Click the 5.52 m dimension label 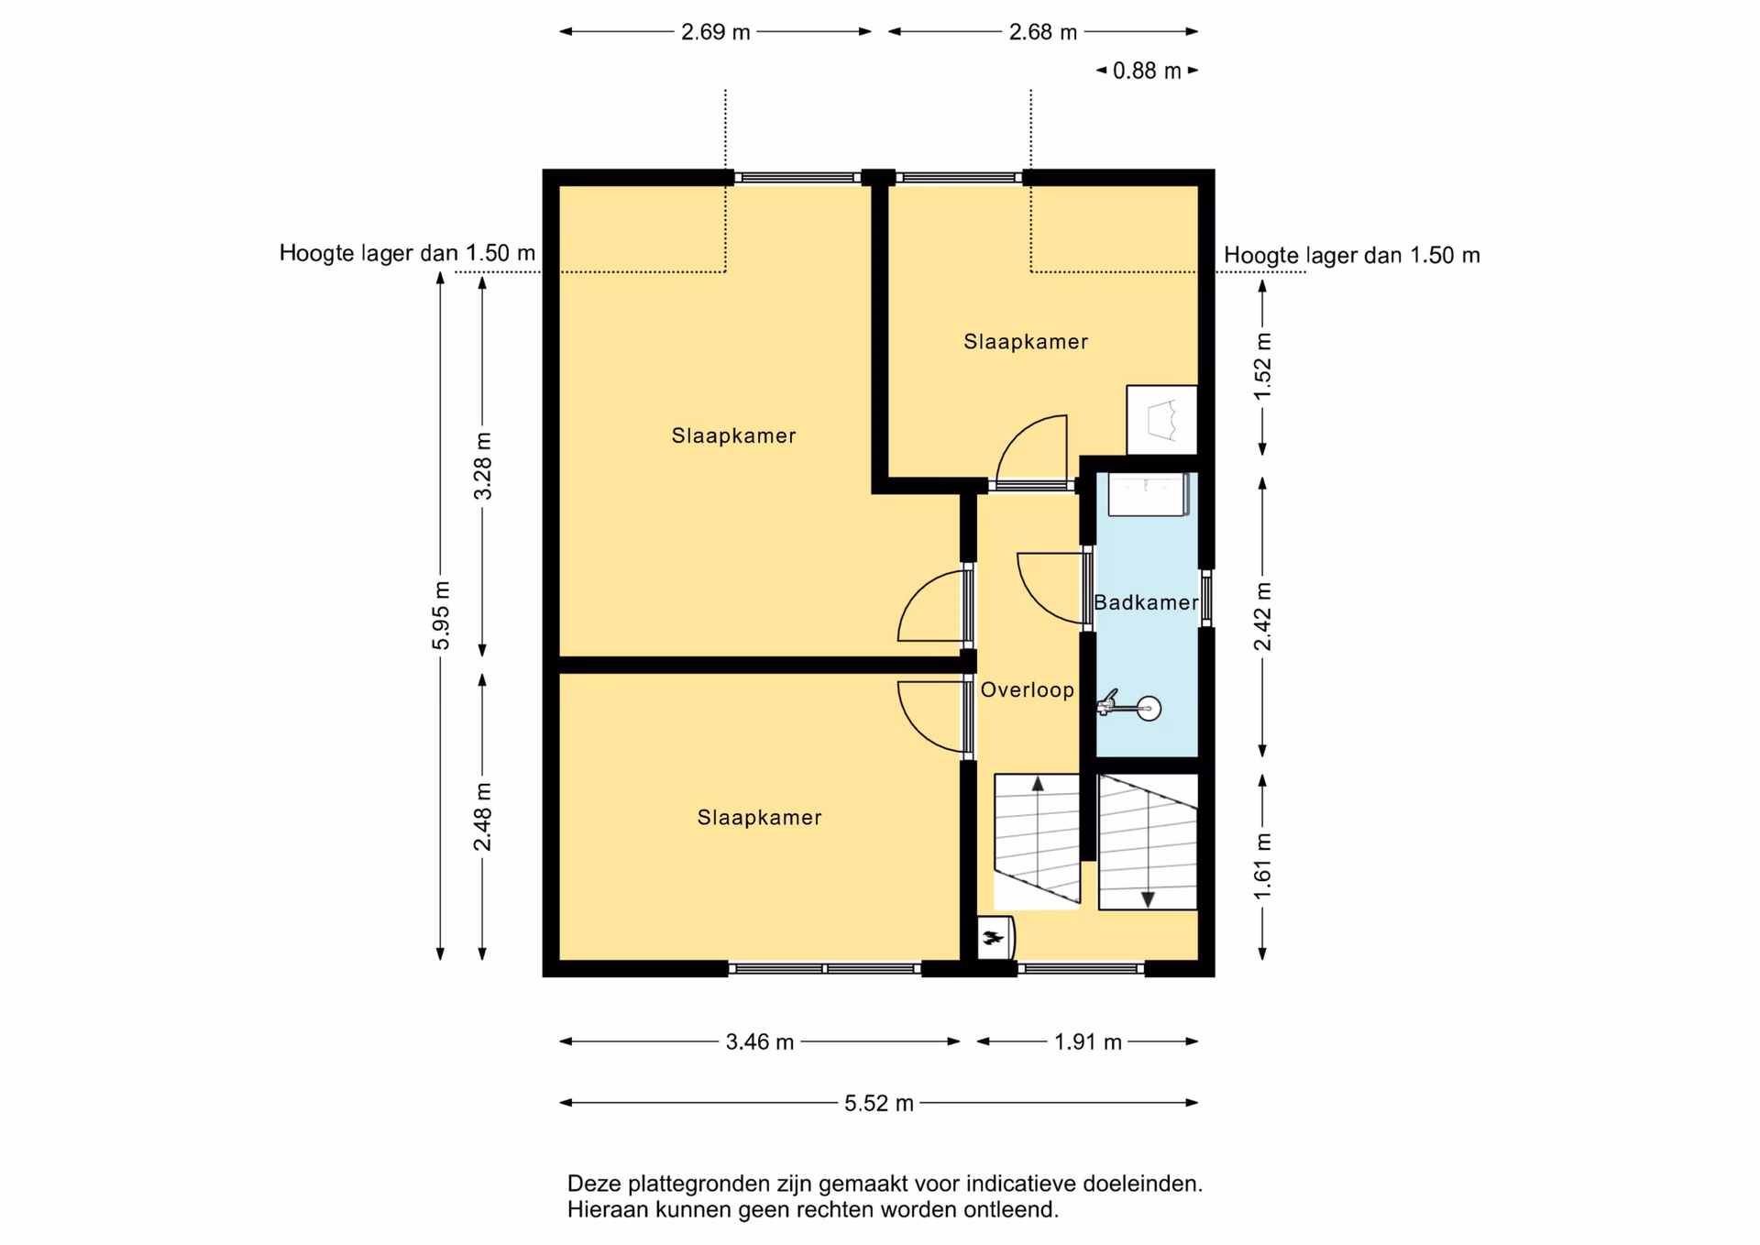(879, 1103)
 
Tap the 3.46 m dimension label (760, 1041)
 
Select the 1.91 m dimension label (1088, 1041)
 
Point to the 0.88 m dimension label (1147, 71)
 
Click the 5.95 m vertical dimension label (441, 615)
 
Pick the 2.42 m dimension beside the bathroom (1263, 616)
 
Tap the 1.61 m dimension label (1263, 866)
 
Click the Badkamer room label (1146, 602)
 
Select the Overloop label (1028, 689)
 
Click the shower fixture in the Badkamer (1130, 706)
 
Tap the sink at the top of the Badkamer (1148, 494)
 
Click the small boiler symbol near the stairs (995, 937)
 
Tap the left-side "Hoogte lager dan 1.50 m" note (407, 253)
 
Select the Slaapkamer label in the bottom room (759, 817)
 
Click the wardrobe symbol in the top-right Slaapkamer (1161, 420)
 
